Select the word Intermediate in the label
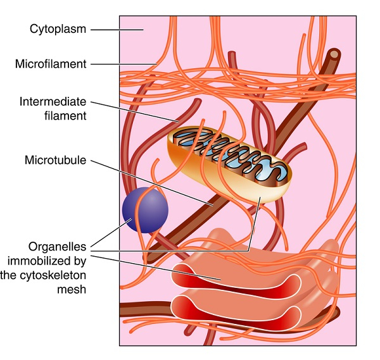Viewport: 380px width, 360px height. click(x=53, y=101)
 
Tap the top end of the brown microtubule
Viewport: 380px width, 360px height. click(x=334, y=56)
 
